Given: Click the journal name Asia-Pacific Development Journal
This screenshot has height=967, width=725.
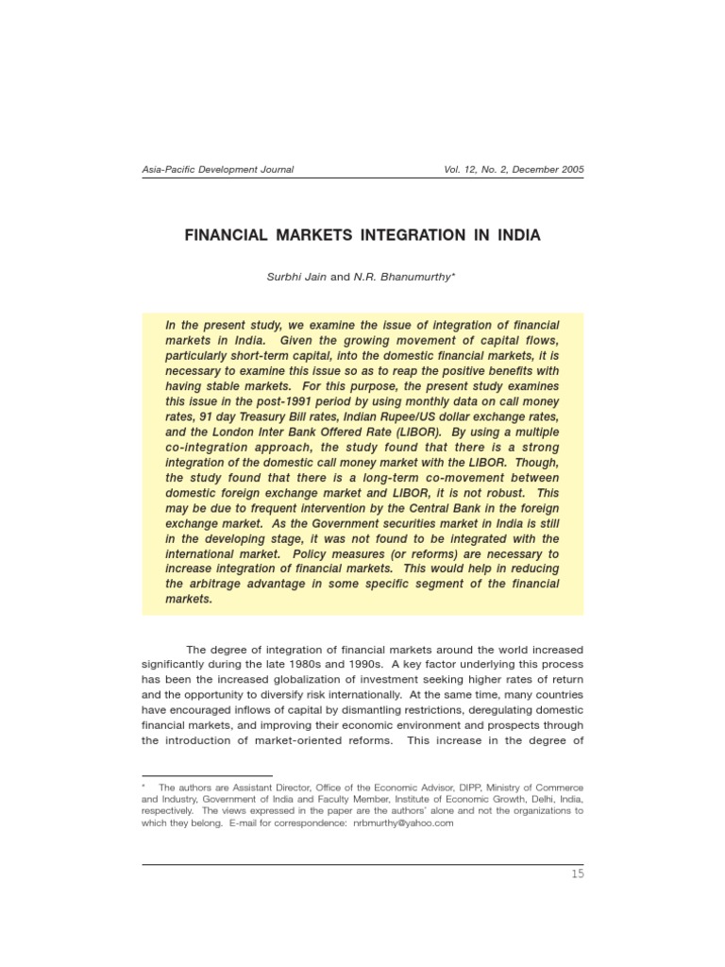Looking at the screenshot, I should [x=217, y=170].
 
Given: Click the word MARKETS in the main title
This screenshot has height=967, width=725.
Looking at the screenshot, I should [x=317, y=235].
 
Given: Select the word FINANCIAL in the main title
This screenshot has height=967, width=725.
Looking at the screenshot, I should [x=226, y=235].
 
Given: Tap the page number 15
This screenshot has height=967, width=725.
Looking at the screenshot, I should [x=577, y=874].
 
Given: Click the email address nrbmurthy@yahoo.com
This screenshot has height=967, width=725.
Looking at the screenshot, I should [x=403, y=823].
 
